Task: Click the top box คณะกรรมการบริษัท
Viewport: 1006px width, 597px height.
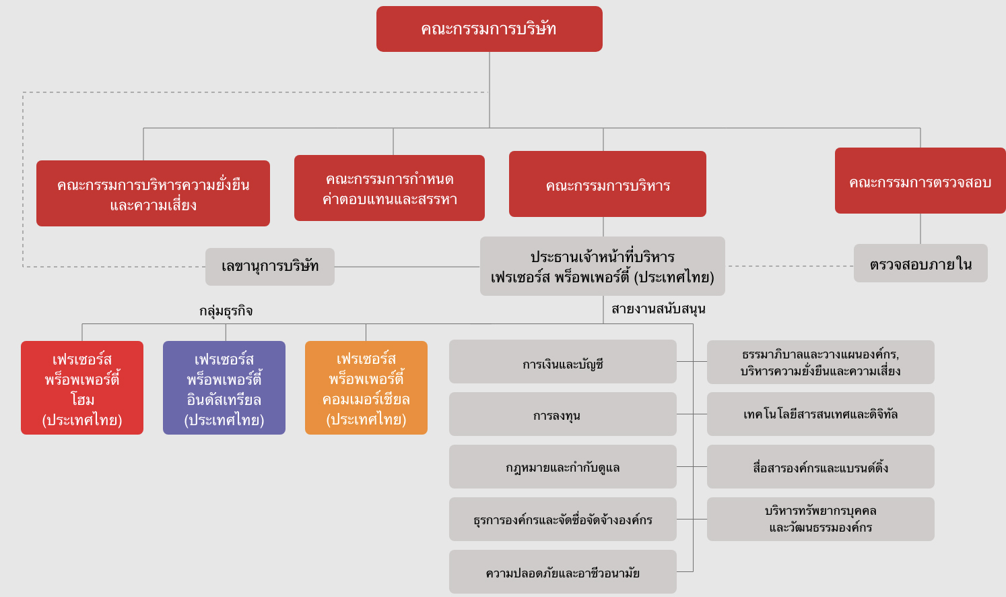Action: click(489, 29)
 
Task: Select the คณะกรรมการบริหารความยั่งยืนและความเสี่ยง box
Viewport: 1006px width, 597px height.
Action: click(153, 193)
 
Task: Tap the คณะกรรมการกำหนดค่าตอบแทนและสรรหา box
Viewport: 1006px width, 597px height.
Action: click(389, 188)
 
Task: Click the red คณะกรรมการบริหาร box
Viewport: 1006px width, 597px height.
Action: click(607, 184)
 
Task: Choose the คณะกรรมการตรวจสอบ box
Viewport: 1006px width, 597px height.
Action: click(920, 181)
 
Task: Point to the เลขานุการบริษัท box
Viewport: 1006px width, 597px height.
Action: click(269, 267)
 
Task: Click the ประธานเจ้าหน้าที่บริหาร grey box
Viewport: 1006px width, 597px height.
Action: click(602, 266)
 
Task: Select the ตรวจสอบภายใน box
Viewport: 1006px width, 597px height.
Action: click(920, 263)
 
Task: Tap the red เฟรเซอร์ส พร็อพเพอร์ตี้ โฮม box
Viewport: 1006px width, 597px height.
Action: click(82, 388)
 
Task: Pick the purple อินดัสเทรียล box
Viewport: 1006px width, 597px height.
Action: click(224, 388)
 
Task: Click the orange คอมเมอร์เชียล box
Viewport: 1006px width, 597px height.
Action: click(366, 388)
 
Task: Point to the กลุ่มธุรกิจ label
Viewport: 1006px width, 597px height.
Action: click(226, 311)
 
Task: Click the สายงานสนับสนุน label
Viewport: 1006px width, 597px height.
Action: click(658, 309)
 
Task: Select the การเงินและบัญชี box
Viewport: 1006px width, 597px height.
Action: click(562, 362)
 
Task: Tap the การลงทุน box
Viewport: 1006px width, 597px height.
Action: click(562, 414)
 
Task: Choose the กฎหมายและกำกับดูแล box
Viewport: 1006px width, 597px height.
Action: click(562, 467)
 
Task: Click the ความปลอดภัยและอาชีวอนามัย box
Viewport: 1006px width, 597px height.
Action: click(562, 572)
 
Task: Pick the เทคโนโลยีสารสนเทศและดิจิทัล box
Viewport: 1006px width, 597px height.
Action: click(820, 414)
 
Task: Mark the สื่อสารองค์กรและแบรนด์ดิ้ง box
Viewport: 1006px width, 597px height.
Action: click(820, 467)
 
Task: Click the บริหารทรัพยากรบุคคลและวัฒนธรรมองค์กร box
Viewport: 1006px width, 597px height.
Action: click(820, 520)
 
